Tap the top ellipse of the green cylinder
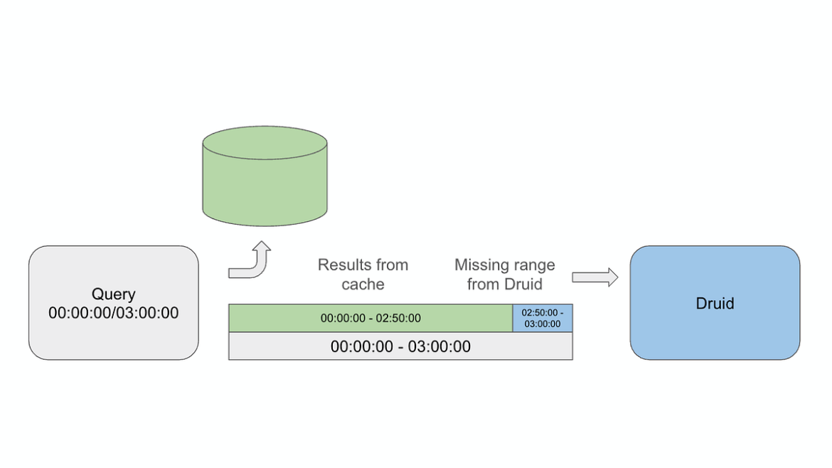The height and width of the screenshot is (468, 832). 265,143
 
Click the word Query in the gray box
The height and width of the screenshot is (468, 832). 113,294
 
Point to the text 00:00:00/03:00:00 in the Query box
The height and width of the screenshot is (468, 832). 113,313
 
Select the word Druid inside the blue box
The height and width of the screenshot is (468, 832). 715,304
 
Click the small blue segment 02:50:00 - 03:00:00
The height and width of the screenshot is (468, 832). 543,318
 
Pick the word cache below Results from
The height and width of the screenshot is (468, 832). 363,284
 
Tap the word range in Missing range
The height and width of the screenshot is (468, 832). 533,266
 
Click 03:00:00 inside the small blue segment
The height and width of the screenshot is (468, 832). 543,324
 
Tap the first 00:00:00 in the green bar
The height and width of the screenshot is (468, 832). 341,319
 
